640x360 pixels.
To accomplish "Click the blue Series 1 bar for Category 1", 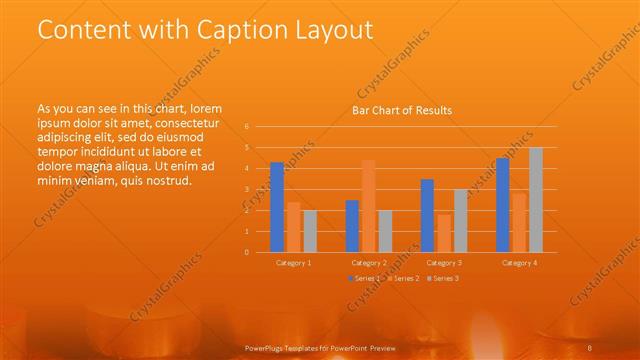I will tap(277, 207).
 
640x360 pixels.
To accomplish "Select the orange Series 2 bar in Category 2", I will tap(369, 206).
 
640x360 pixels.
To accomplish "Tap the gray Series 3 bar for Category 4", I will tap(536, 200).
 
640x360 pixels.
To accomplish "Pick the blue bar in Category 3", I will tap(427, 215).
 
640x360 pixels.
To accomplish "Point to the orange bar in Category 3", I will tap(444, 233).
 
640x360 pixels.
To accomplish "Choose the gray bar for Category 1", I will tap(310, 231).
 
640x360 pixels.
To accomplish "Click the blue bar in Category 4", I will tap(502, 205).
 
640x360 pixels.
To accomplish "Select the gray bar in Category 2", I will tap(385, 231).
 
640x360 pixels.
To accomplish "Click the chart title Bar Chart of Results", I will tap(402, 111).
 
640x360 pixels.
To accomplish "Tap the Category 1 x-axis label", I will tap(293, 262).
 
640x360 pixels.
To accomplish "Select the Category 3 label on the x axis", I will tap(443, 262).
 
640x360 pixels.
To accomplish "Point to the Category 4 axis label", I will tap(519, 262).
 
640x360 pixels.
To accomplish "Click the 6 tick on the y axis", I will tap(247, 127).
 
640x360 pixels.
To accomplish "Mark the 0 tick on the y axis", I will tap(247, 252).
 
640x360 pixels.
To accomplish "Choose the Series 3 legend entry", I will tap(446, 278).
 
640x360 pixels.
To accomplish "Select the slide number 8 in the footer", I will tap(590, 346).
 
